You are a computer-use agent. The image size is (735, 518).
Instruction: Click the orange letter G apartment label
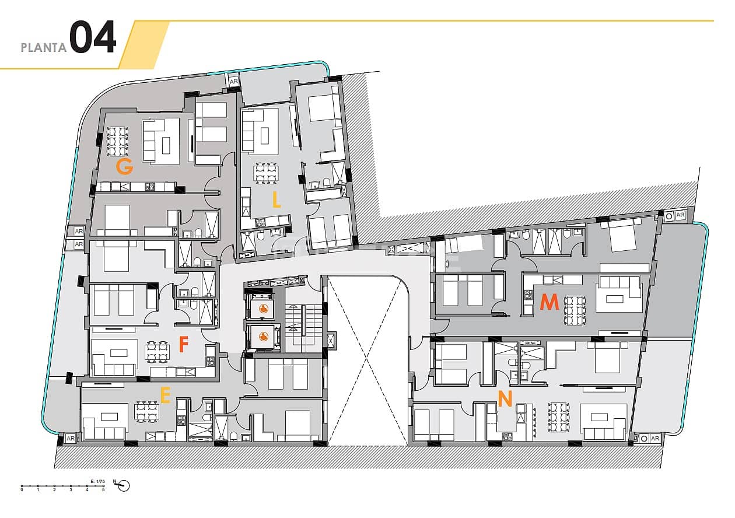click(x=124, y=167)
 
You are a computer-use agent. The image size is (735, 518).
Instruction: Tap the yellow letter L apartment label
click(x=276, y=200)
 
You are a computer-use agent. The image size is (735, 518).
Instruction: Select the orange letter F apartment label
click(x=183, y=345)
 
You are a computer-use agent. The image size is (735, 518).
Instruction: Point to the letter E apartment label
click(x=165, y=396)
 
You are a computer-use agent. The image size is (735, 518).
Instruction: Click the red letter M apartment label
click(x=549, y=302)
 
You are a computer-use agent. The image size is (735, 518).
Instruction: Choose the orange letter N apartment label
click(x=505, y=399)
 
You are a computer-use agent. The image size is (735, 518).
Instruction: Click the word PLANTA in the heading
click(x=44, y=48)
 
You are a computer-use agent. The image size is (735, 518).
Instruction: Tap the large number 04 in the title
click(x=93, y=39)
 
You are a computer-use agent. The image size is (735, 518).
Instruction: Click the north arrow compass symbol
click(x=123, y=485)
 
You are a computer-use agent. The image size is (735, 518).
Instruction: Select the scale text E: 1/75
click(x=97, y=481)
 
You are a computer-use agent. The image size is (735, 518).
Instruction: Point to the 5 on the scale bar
click(x=103, y=490)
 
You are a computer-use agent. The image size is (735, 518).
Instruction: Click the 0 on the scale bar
click(x=22, y=490)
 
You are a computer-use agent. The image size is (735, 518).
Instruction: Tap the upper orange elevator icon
click(x=264, y=309)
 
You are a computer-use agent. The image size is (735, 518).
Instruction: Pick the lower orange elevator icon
click(x=264, y=336)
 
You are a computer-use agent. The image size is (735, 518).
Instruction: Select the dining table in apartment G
click(x=117, y=140)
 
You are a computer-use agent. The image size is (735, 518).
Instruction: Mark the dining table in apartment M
click(x=573, y=310)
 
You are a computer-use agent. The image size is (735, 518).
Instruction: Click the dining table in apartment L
click(x=265, y=173)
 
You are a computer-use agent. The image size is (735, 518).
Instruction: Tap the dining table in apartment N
click(x=558, y=417)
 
